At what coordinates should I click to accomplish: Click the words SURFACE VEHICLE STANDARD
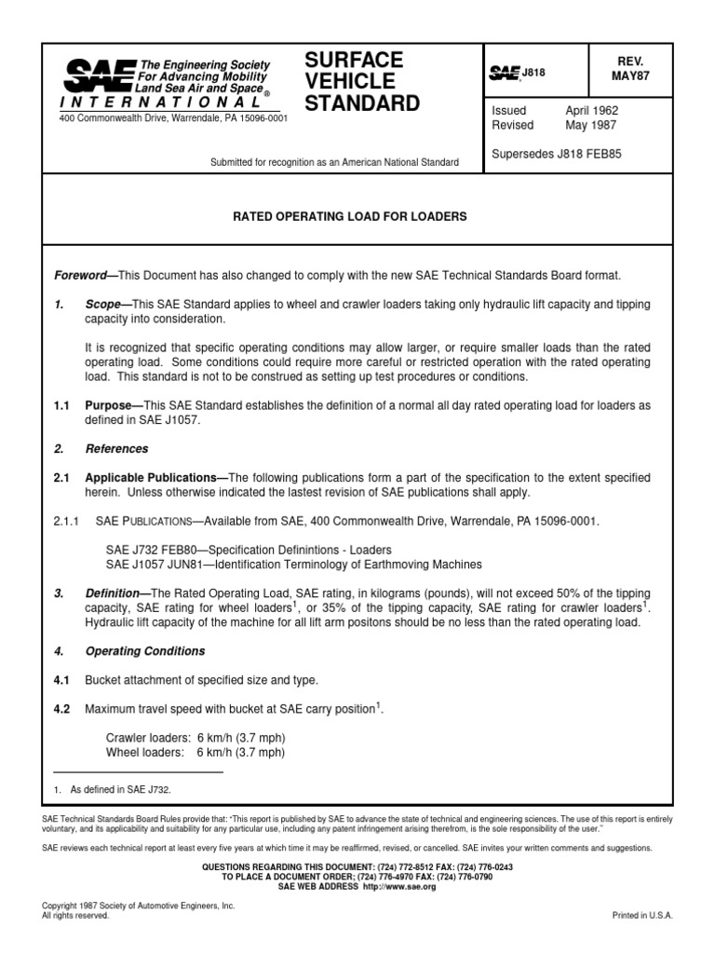click(362, 81)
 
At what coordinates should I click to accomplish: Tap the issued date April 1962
click(591, 110)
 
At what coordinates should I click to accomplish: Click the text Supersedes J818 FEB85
click(556, 154)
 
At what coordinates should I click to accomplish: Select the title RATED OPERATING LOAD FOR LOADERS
click(350, 216)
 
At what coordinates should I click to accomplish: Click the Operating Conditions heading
click(144, 651)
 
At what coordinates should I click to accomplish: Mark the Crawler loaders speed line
click(196, 738)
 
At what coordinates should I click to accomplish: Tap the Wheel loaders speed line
click(196, 753)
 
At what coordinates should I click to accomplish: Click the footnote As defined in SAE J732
click(117, 788)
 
